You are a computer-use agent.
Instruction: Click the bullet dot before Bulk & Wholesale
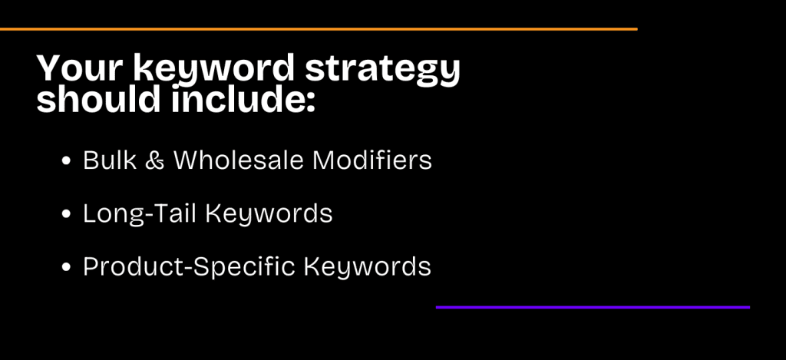pyautogui.click(x=67, y=162)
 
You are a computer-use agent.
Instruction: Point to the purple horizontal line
pyautogui.click(x=593, y=307)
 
